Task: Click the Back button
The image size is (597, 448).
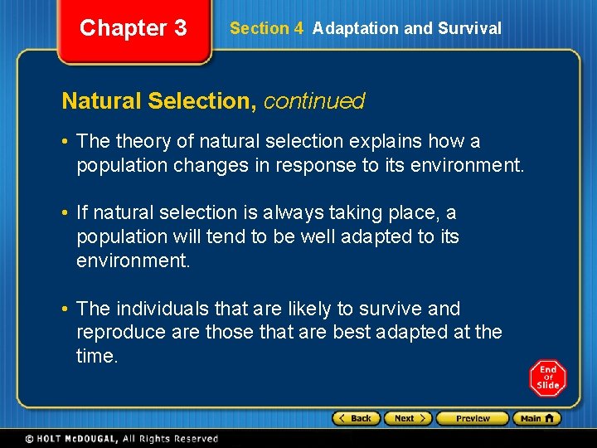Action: coord(357,418)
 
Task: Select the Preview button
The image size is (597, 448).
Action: coord(473,418)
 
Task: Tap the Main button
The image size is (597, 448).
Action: coord(536,418)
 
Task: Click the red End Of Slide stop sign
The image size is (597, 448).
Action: coord(547,378)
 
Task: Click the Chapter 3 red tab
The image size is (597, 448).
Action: coord(133,28)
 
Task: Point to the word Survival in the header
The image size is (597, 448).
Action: coord(469,28)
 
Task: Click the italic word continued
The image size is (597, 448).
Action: coord(314,101)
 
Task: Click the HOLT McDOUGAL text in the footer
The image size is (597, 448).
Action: coord(74,439)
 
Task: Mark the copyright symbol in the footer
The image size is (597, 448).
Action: coord(30,439)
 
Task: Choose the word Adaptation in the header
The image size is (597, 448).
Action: coord(355,28)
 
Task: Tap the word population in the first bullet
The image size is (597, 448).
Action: coord(121,165)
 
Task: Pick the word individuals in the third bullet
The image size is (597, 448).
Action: coord(163,309)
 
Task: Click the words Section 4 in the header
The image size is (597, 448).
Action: coord(266,28)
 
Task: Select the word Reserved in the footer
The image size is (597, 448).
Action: coord(195,439)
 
